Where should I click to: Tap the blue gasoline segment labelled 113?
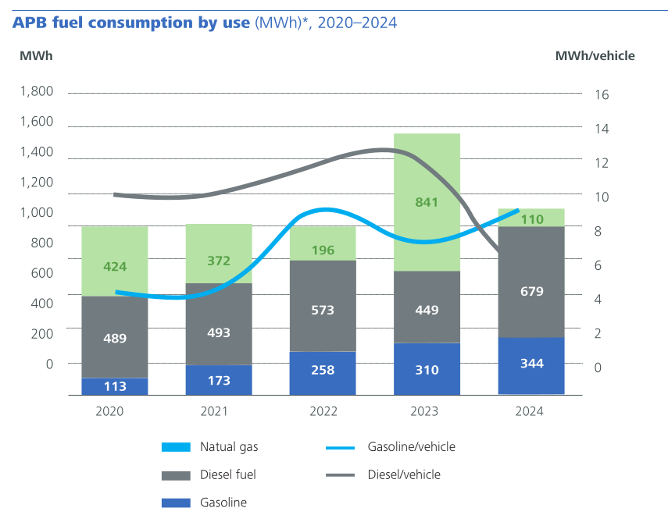pyautogui.click(x=115, y=386)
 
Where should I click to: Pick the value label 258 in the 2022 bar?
pyautogui.click(x=323, y=370)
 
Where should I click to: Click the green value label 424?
pyautogui.click(x=115, y=267)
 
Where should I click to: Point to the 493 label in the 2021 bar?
pyautogui.click(x=219, y=332)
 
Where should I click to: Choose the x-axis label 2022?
pyautogui.click(x=323, y=411)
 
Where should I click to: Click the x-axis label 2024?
pyautogui.click(x=530, y=411)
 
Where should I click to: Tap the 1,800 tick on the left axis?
pyautogui.click(x=37, y=91)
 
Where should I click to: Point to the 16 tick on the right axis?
pyautogui.click(x=602, y=94)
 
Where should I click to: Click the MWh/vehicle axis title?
pyautogui.click(x=595, y=55)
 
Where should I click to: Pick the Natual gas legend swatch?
pyautogui.click(x=176, y=447)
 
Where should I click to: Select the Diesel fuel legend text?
pyautogui.click(x=228, y=474)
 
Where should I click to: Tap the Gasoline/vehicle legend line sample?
pyautogui.click(x=341, y=447)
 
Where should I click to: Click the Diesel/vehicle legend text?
pyautogui.click(x=404, y=474)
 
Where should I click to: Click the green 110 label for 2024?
pyautogui.click(x=531, y=219)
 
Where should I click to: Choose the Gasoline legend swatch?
pyautogui.click(x=176, y=502)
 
